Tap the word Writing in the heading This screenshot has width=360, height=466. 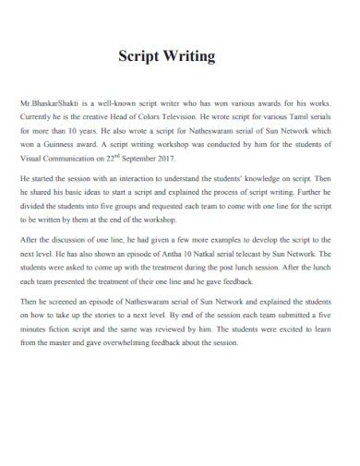[x=191, y=56]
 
